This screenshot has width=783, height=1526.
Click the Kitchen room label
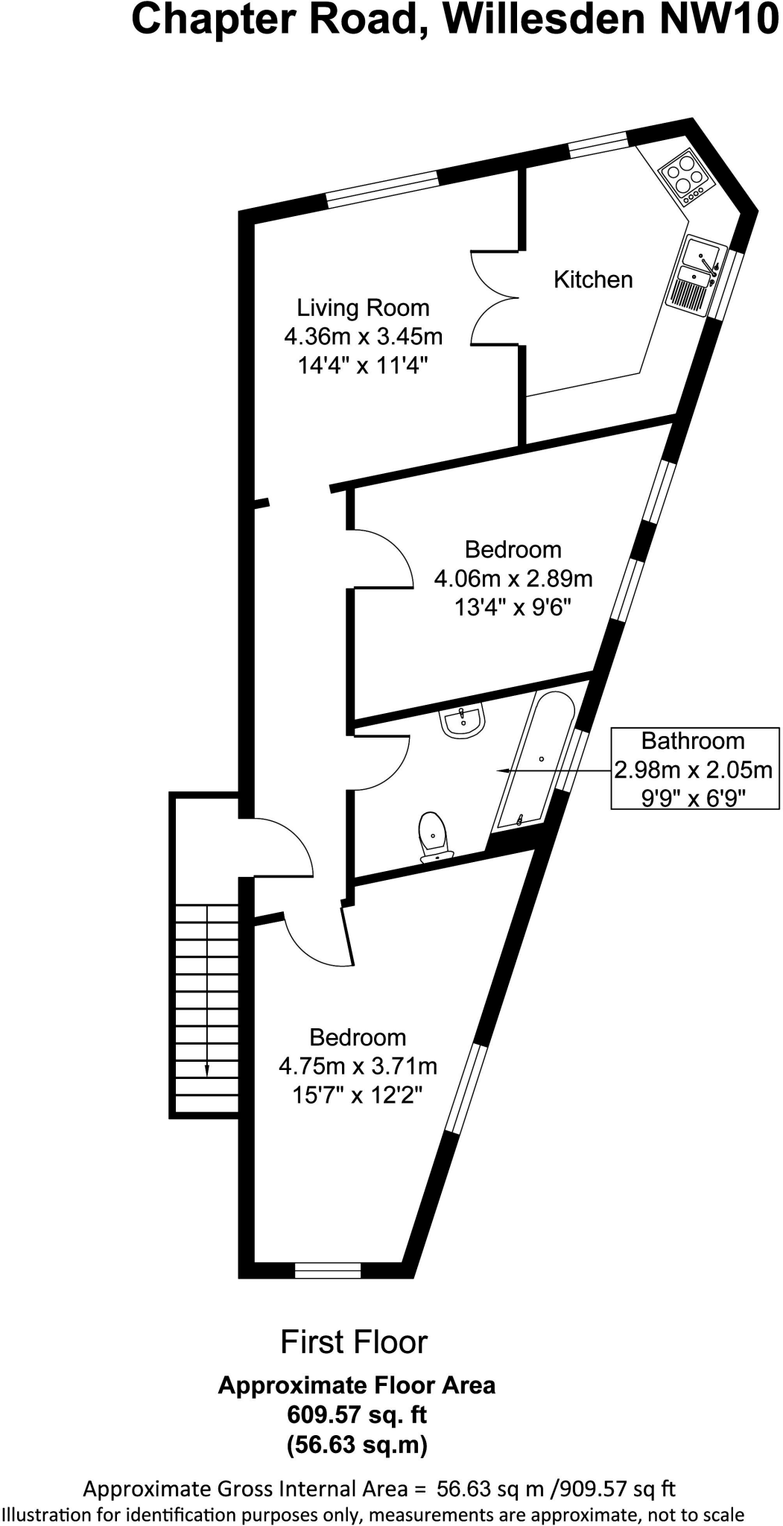coord(593,279)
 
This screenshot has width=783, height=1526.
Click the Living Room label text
coord(363,308)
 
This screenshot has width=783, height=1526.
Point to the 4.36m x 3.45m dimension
coord(363,337)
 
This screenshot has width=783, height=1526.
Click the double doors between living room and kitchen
coord(495,298)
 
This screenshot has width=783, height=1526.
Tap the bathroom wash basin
coord(463,721)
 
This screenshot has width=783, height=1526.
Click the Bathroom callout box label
coord(693,741)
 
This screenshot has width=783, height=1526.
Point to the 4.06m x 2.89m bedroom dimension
coord(513,578)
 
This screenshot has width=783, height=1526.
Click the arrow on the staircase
coord(206,1070)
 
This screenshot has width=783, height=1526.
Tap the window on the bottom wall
coord(328,1270)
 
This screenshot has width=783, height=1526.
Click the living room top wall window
coord(381,189)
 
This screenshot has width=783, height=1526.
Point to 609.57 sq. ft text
coord(357,1413)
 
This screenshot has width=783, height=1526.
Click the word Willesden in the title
coord(545,20)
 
